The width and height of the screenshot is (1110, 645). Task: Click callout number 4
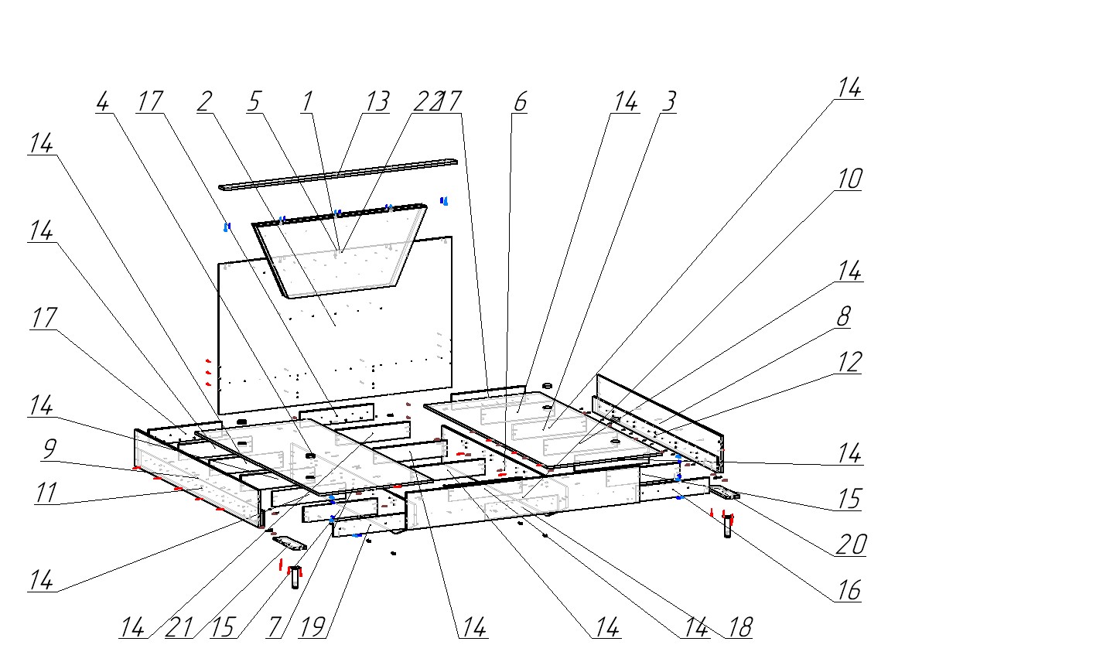(103, 102)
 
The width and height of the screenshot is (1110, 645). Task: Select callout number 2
(204, 102)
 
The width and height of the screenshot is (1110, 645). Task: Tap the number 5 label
(255, 102)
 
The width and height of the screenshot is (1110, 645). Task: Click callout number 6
(519, 102)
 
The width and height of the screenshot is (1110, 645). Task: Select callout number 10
(849, 179)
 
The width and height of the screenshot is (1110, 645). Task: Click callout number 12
(849, 362)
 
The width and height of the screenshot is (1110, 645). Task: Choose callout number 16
(848, 591)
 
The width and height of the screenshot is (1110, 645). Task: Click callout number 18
(739, 627)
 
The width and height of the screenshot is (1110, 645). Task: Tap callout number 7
(274, 627)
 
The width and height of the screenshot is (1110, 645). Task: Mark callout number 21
(179, 627)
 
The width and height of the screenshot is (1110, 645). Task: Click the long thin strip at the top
(338, 175)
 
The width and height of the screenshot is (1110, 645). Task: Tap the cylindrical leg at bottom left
(295, 578)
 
